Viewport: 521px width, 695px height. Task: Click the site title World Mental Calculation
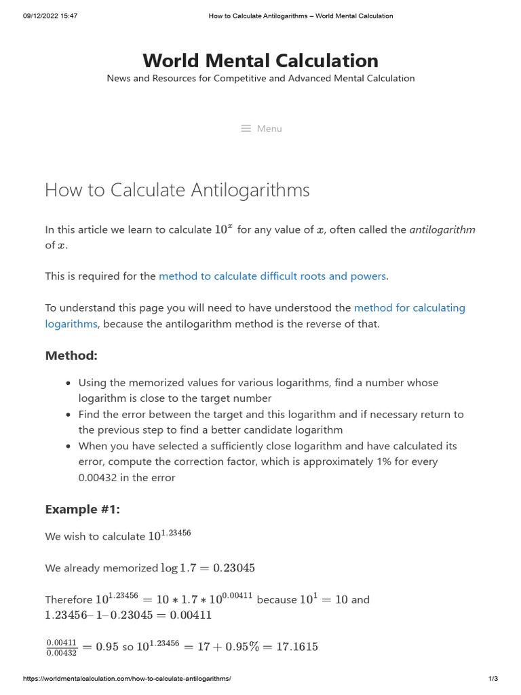coord(260,60)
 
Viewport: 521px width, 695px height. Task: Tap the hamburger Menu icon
coord(246,128)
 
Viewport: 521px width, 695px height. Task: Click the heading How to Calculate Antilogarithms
coord(177,190)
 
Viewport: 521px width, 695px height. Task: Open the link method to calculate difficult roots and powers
coord(272,276)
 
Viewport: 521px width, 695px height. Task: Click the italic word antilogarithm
coord(442,229)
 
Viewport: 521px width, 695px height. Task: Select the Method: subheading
coord(71,356)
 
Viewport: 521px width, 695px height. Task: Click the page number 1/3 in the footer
coord(493,679)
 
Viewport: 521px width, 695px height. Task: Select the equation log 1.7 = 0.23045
coord(208,568)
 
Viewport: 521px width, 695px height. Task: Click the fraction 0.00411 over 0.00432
coord(61,647)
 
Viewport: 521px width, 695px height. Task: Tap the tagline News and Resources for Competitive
coord(260,79)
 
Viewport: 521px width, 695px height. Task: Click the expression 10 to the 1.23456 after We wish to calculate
coord(170,535)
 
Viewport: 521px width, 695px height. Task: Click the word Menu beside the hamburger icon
coord(269,128)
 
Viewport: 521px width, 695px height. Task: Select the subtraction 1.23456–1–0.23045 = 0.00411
coord(128,616)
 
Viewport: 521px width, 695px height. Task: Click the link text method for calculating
coord(409,308)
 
